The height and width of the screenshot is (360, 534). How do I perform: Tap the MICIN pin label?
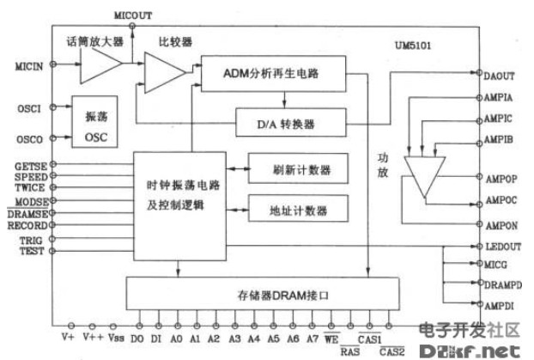[x=29, y=64]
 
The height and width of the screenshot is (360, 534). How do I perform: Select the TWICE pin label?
[x=32, y=186]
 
